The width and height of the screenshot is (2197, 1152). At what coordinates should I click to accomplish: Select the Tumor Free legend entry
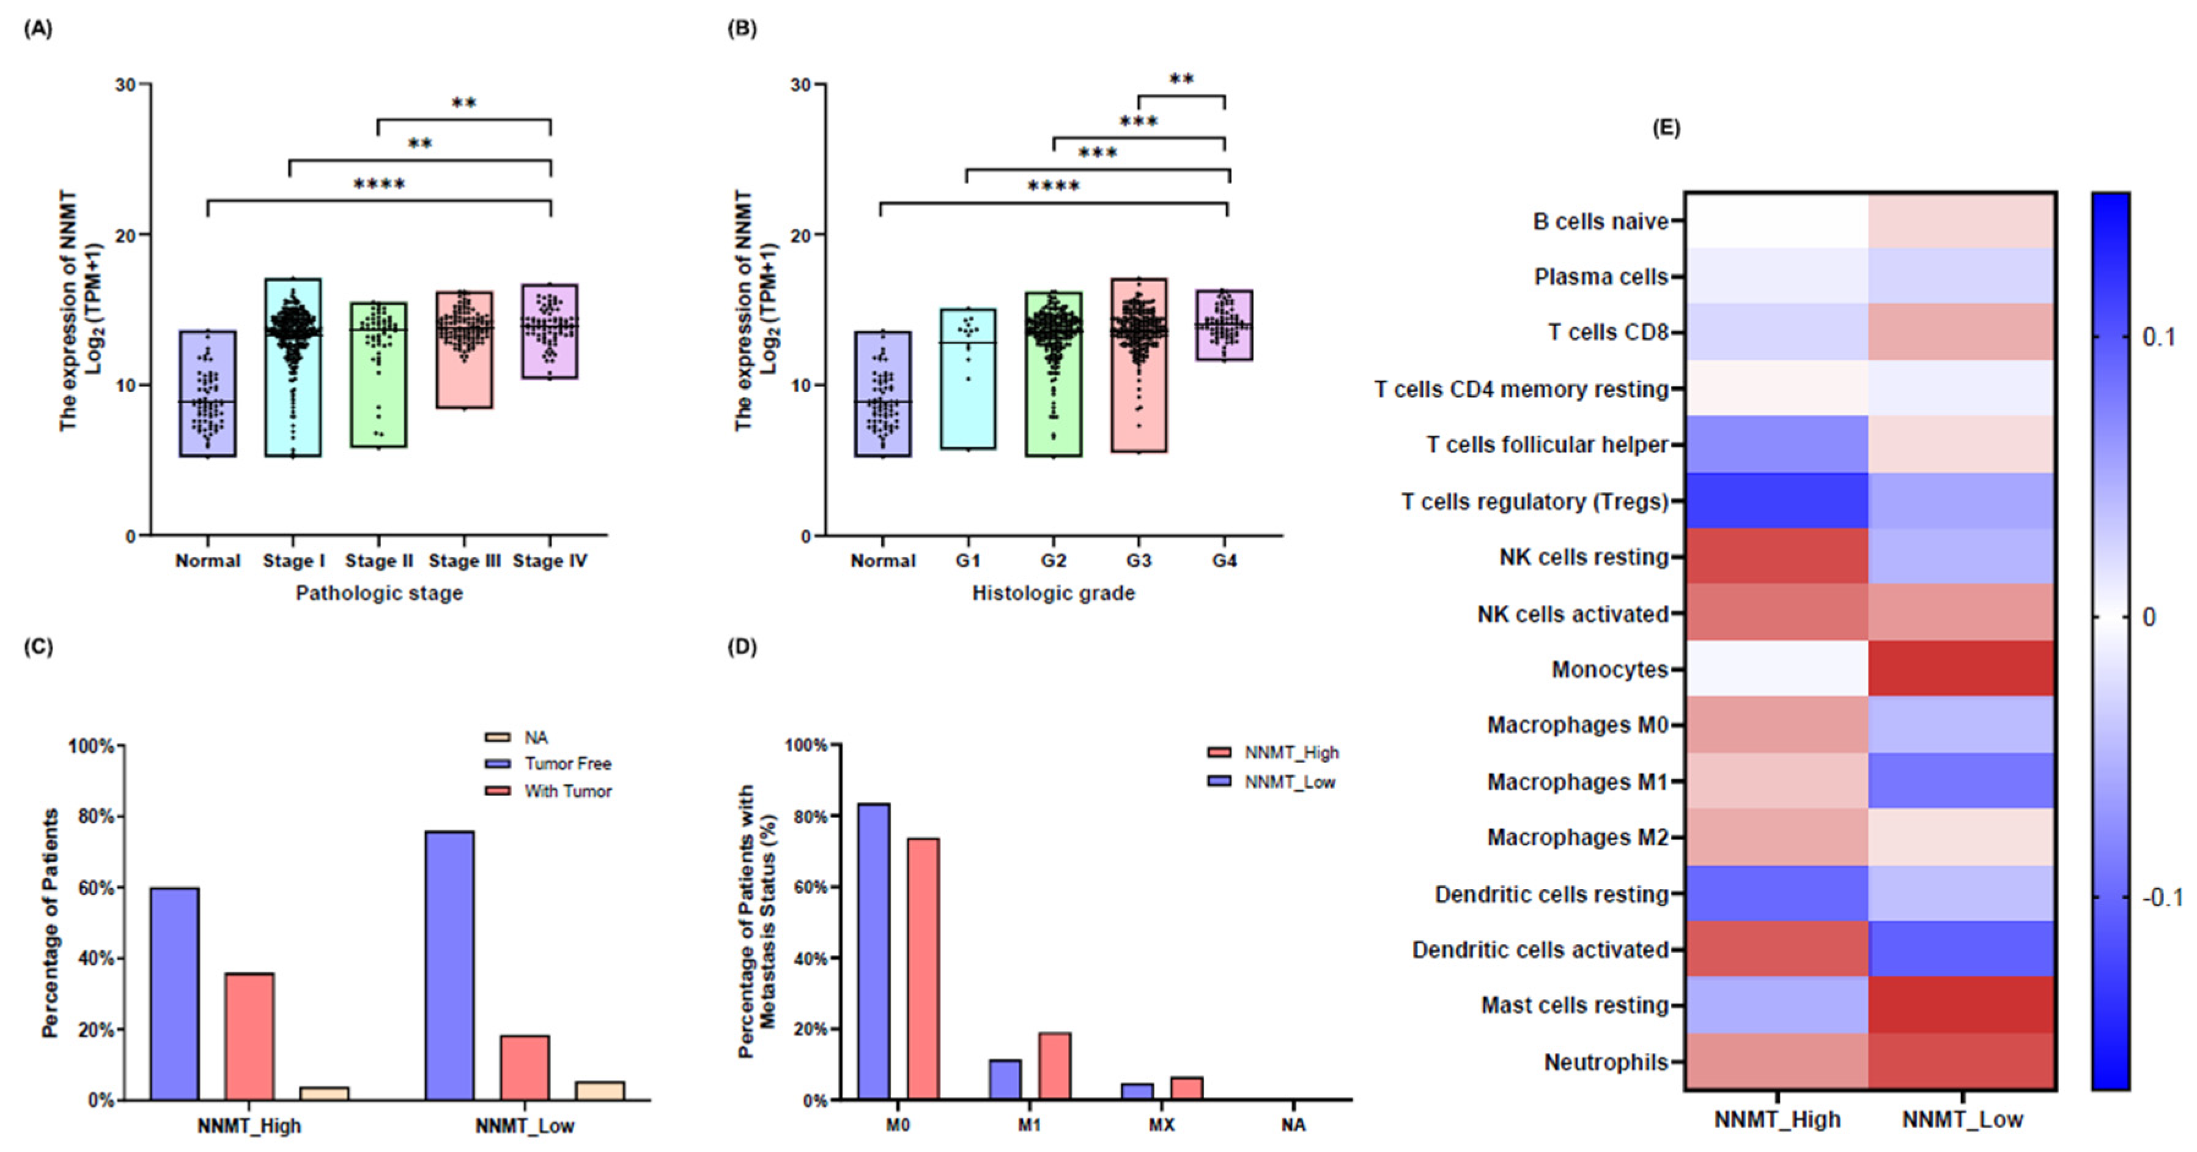567,763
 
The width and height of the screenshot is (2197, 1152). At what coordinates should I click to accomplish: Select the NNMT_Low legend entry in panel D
1289,782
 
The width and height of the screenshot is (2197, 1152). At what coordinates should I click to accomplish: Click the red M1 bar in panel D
1054,1066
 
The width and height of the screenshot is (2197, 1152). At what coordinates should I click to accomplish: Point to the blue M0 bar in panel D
873,951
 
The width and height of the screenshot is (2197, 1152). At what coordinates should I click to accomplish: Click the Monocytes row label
1609,670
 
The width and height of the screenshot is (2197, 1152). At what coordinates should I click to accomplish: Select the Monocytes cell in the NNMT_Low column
1961,668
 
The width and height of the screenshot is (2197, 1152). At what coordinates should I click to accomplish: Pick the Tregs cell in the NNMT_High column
1776,501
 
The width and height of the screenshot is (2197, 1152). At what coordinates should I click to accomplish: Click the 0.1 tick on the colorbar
2158,337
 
